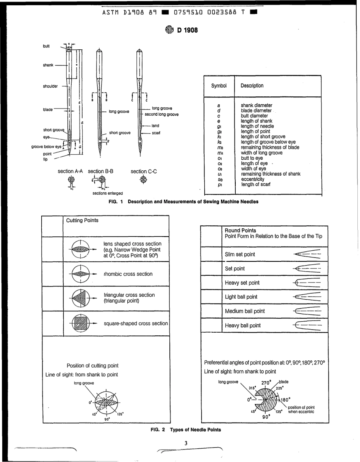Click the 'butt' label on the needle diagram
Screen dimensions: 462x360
coord(46,46)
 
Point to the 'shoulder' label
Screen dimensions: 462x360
coord(50,86)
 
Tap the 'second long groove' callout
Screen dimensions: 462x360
coord(161,114)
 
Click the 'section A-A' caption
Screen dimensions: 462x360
coord(70,171)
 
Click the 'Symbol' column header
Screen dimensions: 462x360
coord(219,86)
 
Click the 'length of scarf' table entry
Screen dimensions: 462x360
coord(256,184)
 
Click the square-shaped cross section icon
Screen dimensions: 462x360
coord(80,324)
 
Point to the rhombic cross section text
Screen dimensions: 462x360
coord(128,274)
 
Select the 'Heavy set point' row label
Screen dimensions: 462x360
coord(242,283)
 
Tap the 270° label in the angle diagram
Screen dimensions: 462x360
coord(266,383)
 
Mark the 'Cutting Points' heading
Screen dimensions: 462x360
coord(82,220)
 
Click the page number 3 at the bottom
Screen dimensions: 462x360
coord(186,443)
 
